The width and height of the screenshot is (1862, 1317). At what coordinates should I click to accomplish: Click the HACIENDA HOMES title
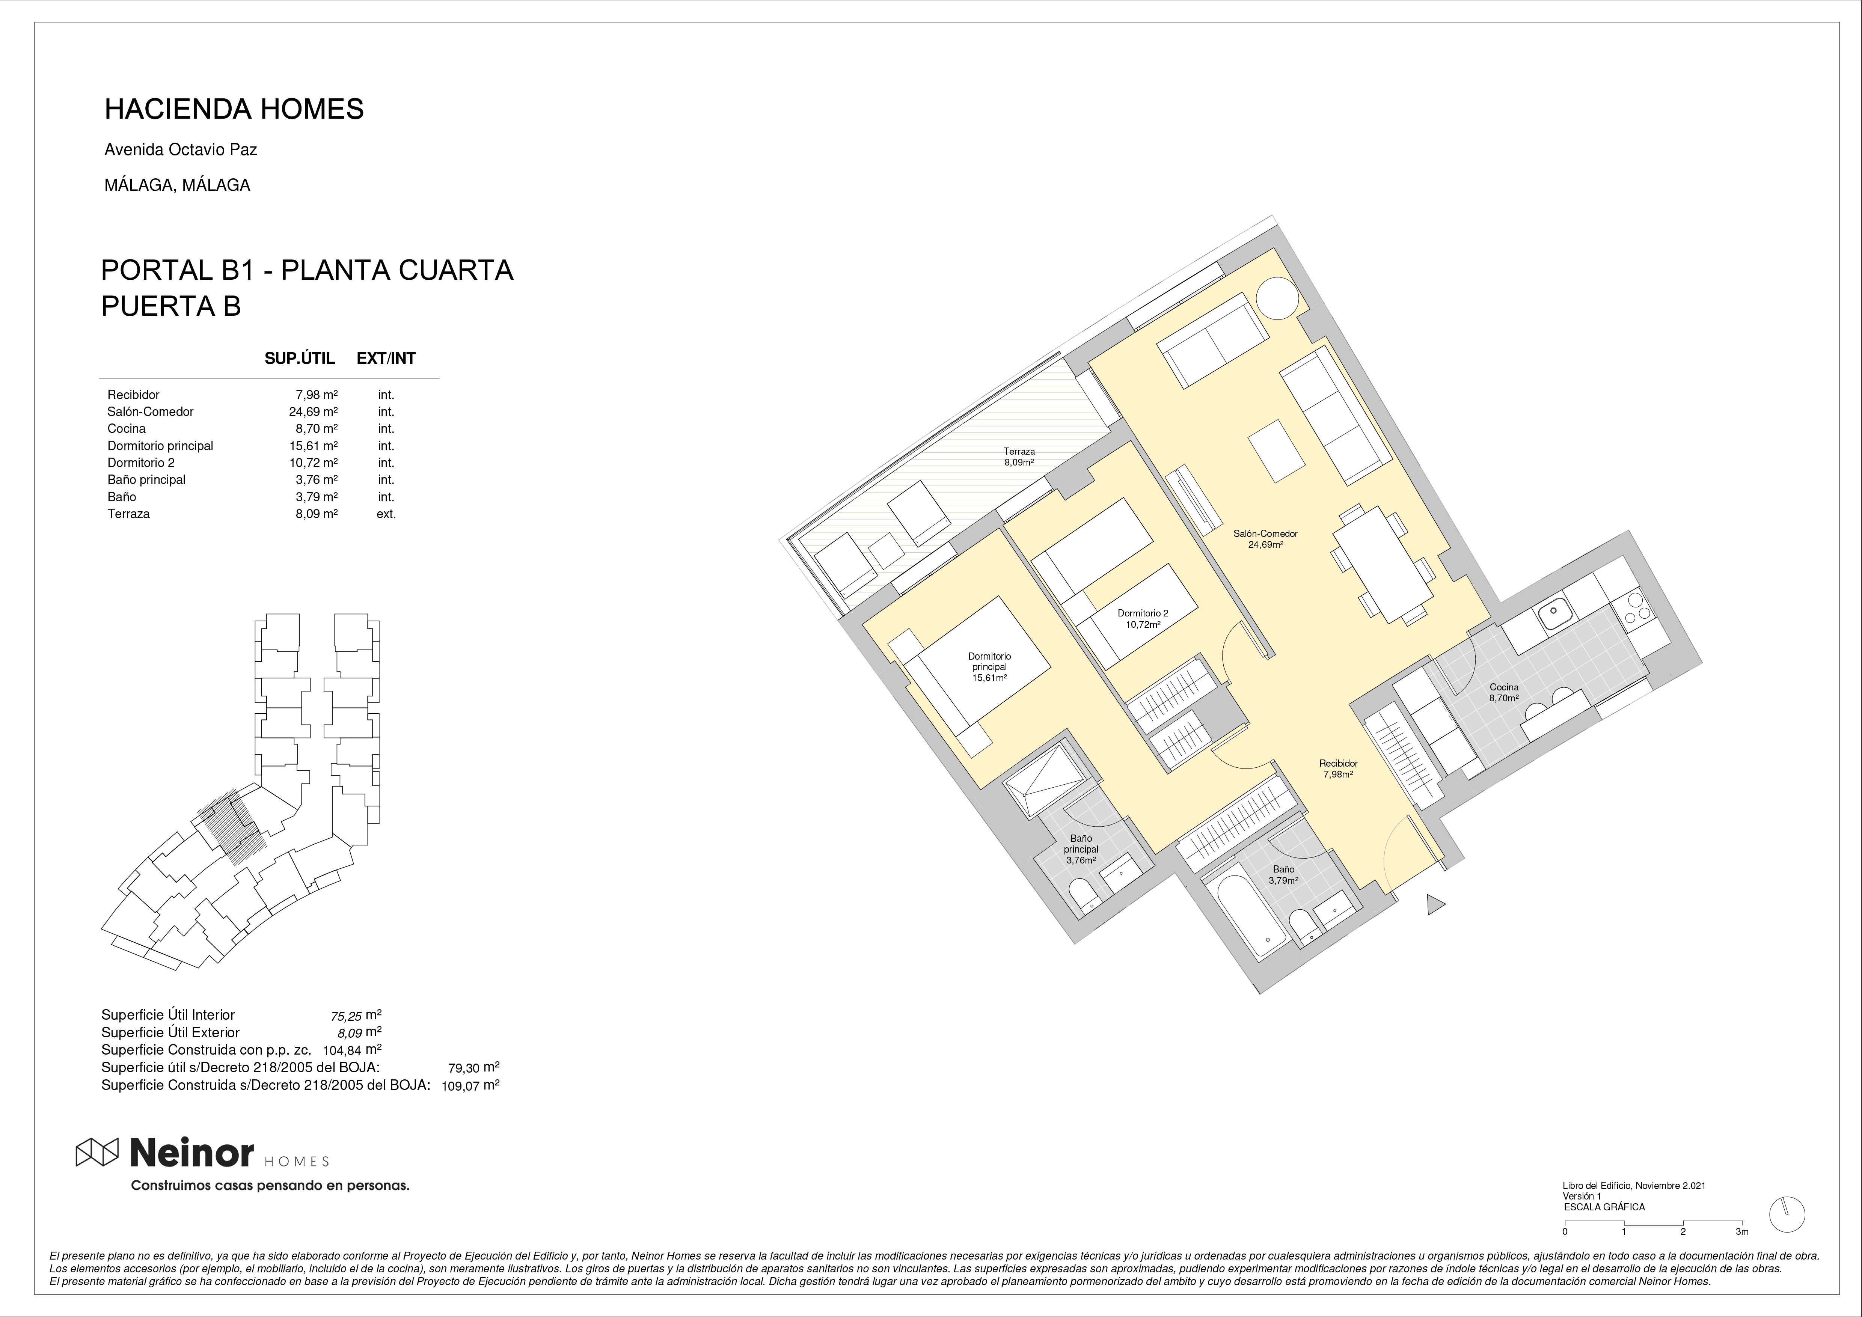click(x=234, y=108)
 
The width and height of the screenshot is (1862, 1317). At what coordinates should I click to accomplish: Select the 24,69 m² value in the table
click(x=313, y=411)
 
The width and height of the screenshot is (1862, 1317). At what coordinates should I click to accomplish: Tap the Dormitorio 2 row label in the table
click(x=141, y=462)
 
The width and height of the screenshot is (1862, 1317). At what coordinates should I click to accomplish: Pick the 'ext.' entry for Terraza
click(x=386, y=513)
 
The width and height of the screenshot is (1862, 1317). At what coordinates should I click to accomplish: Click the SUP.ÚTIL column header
click(x=299, y=359)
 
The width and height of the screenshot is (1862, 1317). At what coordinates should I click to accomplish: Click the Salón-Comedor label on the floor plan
click(x=1265, y=538)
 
